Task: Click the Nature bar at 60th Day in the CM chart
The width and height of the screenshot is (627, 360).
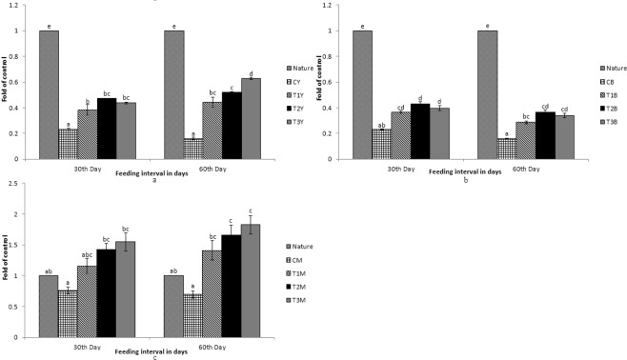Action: pyautogui.click(x=173, y=307)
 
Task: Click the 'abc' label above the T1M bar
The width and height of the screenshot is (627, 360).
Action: pyautogui.click(x=88, y=254)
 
